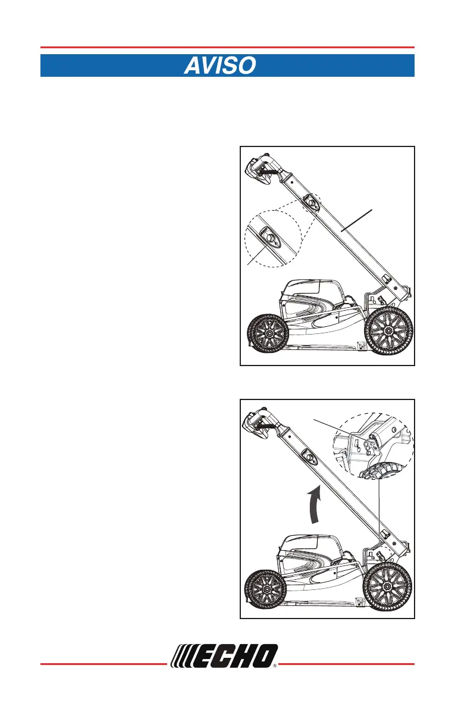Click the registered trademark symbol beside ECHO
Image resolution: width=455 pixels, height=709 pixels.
tap(275, 667)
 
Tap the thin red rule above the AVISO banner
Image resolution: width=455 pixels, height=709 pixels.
tap(227, 48)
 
